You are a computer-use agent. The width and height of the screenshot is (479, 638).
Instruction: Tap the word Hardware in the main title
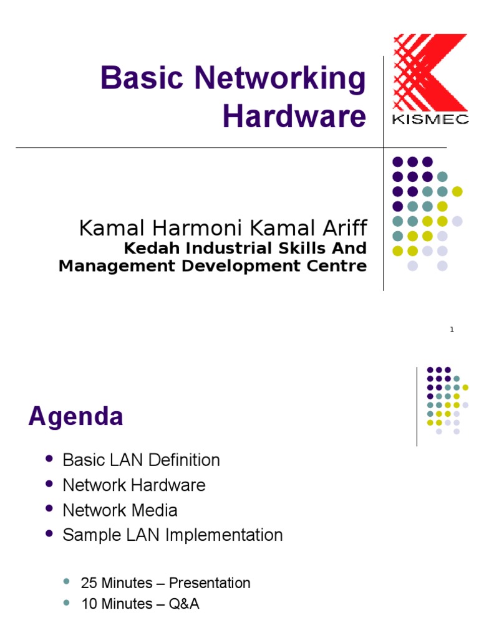pos(294,117)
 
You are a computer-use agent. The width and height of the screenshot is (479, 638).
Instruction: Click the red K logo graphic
pos(430,72)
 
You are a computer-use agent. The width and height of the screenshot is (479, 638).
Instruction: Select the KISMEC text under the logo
pos(430,120)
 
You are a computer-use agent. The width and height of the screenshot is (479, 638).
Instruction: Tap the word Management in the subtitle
pos(117,265)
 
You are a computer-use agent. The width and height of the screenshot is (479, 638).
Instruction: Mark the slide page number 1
pos(452,330)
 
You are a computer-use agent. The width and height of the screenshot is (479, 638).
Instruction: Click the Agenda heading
pos(75,417)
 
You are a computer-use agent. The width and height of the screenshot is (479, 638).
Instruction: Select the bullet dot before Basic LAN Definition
pos(49,459)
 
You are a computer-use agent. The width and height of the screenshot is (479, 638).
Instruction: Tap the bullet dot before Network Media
pos(49,508)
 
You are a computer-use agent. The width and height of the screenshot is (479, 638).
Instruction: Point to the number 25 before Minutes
pos(89,583)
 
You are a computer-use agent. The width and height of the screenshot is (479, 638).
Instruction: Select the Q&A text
pos(184,604)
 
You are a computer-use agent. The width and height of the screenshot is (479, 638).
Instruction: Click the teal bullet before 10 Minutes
pos(66,602)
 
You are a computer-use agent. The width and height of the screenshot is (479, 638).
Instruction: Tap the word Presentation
pos(210,583)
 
